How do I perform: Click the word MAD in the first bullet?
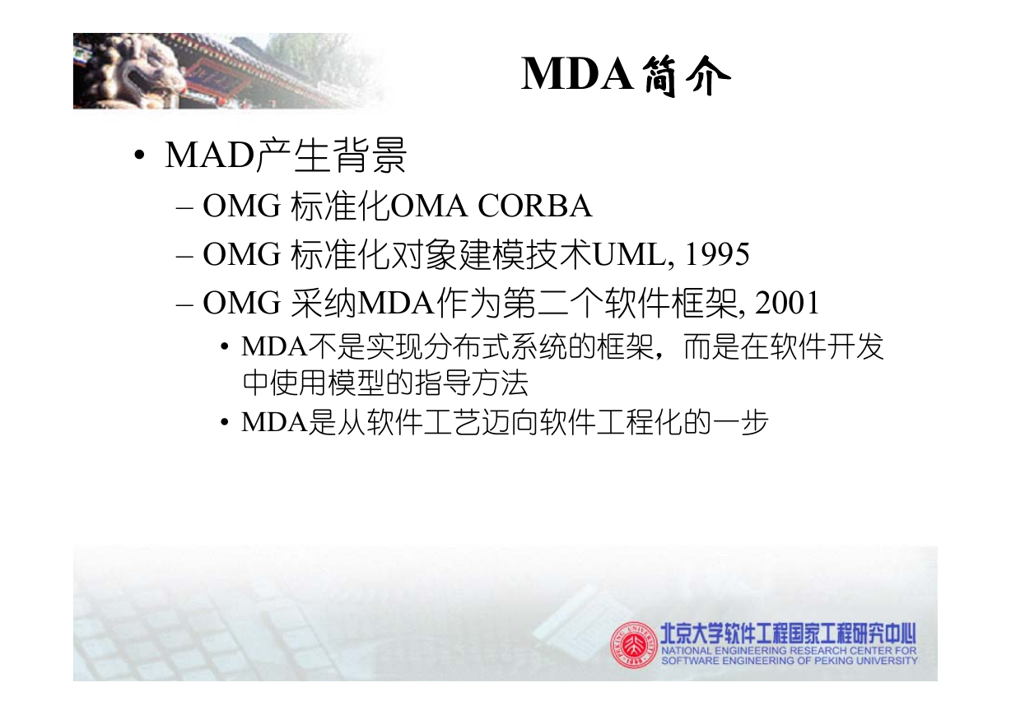tap(209, 156)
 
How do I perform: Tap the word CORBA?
tap(535, 207)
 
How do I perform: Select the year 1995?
tap(717, 254)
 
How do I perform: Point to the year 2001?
tap(787, 302)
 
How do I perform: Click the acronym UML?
tap(629, 254)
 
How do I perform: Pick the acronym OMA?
tap(428, 207)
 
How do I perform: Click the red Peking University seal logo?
tap(634, 644)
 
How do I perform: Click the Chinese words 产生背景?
tap(331, 156)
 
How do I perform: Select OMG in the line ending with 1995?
tap(242, 254)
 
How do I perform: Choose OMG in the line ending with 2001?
tap(242, 302)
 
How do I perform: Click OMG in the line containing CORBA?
tap(242, 207)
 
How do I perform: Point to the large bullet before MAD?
tap(139, 156)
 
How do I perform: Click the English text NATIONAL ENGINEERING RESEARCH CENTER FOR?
tap(789, 651)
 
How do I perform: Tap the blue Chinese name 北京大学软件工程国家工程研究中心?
tap(788, 633)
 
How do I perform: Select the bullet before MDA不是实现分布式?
tap(224, 347)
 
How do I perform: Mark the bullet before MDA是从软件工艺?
tap(224, 423)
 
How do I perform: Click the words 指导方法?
tap(471, 383)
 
